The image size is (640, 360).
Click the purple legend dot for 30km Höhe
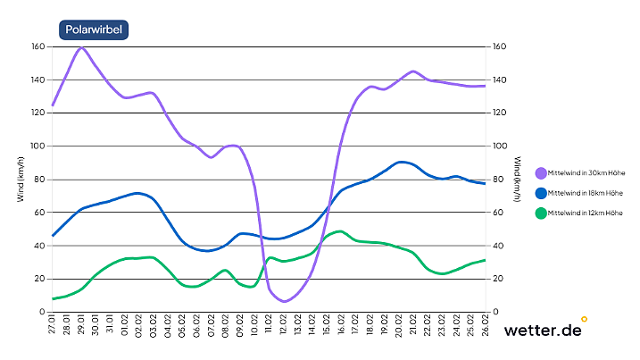[541, 173]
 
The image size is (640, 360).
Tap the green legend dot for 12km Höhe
[541, 213]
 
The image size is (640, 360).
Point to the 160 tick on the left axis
[37, 46]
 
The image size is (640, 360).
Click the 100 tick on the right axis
[500, 146]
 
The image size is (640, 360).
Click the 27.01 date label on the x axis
[53, 326]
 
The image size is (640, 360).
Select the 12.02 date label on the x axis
[283, 326]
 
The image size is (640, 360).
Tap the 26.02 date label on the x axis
[485, 326]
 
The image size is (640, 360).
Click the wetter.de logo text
[543, 331]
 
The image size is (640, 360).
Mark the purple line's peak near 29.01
[81, 47]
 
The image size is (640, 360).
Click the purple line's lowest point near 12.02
[284, 301]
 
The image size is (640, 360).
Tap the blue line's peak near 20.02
[403, 162]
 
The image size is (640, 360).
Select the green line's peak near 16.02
[340, 231]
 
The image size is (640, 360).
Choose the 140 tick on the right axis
[500, 80]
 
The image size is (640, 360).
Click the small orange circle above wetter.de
[584, 318]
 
